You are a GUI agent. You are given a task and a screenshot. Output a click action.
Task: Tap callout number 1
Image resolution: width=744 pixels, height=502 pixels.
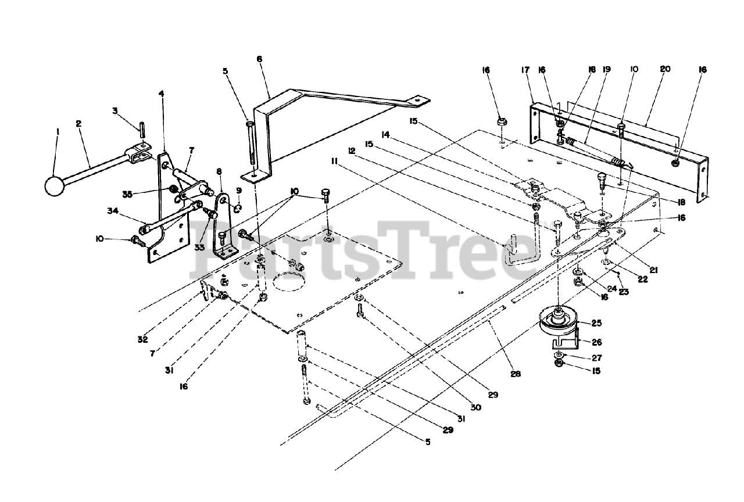(58, 132)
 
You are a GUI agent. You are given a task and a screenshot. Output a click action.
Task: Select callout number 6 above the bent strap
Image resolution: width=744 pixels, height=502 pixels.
(259, 59)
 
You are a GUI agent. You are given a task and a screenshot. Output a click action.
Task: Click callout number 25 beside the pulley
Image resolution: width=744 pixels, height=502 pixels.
(596, 322)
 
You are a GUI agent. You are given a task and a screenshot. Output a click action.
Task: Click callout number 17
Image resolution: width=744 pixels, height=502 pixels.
(525, 70)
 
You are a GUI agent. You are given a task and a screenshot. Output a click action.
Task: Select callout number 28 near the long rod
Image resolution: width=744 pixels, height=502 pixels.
(516, 374)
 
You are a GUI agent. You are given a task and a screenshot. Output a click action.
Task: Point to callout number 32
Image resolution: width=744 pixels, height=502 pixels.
(143, 339)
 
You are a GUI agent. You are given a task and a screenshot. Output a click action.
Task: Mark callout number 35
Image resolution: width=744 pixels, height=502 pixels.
(127, 194)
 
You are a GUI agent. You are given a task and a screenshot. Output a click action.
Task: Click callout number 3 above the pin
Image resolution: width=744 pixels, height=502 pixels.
(115, 110)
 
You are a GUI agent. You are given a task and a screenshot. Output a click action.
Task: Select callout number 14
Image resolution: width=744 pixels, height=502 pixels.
(384, 134)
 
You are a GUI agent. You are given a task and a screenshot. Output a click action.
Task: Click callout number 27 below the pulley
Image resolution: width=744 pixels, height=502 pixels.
(597, 358)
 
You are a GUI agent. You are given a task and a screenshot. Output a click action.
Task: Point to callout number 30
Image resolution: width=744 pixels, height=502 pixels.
(476, 407)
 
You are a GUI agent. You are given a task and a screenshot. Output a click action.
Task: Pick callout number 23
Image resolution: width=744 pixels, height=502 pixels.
(623, 292)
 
